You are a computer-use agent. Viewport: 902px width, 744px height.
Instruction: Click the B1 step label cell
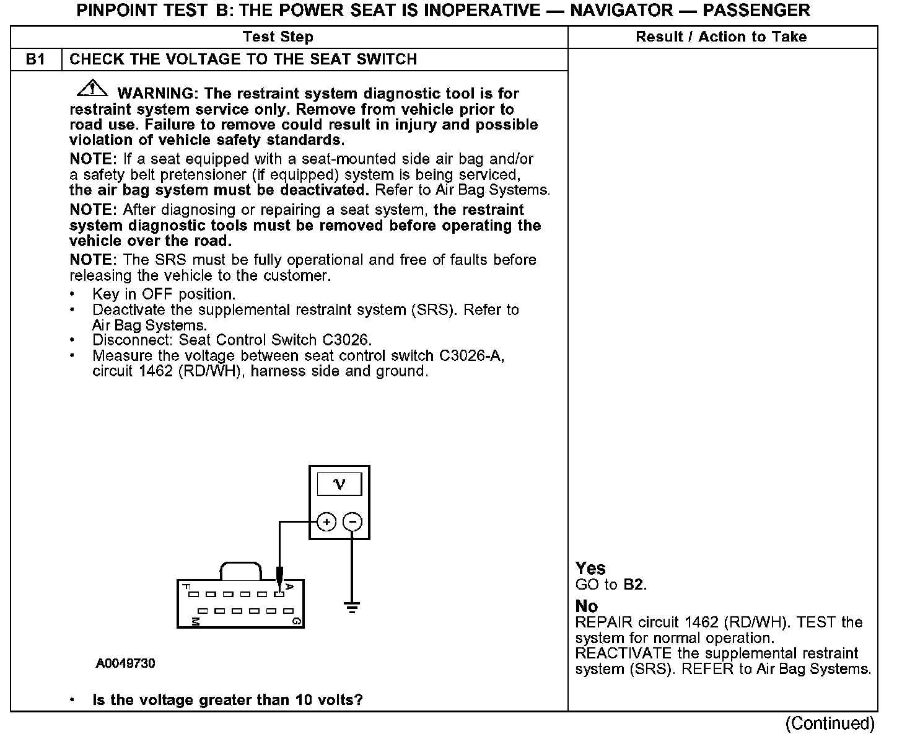point(36,60)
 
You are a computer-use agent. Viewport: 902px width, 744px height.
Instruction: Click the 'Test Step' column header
point(278,37)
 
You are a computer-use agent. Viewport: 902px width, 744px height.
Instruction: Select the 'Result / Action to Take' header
point(721,37)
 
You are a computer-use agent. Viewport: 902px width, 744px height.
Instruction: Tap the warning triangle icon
point(92,89)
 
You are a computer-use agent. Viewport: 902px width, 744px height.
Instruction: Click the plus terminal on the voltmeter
point(326,522)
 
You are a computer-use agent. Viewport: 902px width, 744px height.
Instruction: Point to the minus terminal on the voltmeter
point(352,522)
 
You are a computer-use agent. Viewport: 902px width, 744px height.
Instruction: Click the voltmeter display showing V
point(339,484)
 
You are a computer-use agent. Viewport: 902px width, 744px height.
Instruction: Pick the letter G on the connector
point(297,621)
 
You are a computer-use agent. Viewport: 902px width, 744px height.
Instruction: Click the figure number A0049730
point(125,664)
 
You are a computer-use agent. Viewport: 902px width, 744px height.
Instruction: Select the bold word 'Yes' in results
point(590,569)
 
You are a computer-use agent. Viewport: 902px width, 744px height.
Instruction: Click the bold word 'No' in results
point(587,606)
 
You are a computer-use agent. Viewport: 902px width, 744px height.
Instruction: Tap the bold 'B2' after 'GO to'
point(634,585)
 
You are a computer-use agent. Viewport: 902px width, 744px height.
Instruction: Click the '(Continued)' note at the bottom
point(830,724)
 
